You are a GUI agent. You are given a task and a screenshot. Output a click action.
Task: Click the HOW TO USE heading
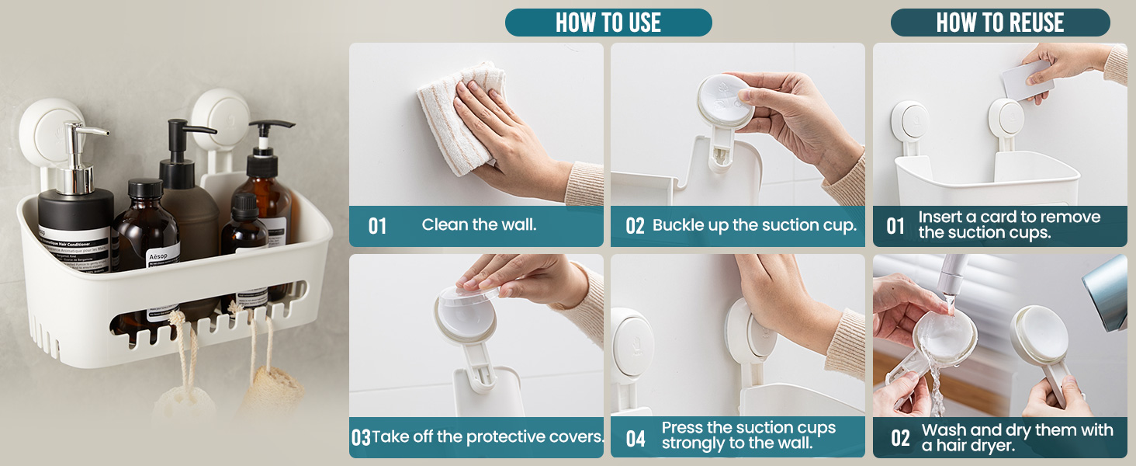[x=608, y=23]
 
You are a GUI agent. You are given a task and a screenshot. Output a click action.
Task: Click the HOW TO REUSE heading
[x=999, y=23]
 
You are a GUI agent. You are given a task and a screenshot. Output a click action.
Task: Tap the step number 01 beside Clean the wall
[x=377, y=226]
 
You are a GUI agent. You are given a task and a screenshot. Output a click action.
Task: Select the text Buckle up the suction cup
[x=754, y=225]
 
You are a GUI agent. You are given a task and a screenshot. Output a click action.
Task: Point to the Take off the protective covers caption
[x=487, y=436]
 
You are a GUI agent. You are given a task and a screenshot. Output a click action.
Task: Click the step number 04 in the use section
[x=636, y=439]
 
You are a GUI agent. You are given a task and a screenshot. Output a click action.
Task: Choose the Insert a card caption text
[x=1009, y=225]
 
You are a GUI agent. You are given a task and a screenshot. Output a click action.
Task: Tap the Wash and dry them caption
[x=1017, y=437]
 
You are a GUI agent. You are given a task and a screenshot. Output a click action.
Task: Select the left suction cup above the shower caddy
[x=47, y=128]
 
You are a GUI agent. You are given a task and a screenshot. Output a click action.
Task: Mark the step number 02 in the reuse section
[x=900, y=438]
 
